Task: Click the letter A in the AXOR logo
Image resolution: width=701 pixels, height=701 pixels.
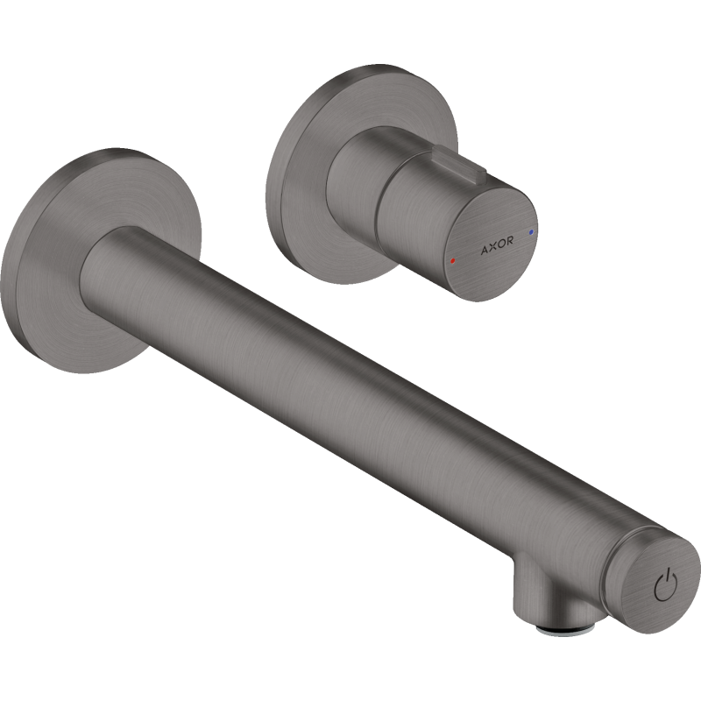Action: (x=485, y=250)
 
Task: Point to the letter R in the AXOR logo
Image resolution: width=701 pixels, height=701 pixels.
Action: (x=509, y=240)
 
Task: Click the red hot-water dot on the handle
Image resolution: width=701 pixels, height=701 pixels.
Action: (x=453, y=260)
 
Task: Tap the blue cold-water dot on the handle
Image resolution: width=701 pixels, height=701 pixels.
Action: (x=531, y=232)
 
